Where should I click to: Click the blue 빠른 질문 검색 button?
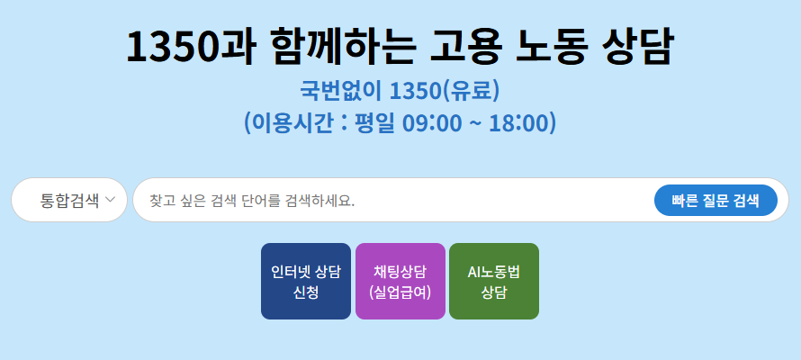[x=715, y=200]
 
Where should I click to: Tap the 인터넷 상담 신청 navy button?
[x=306, y=281]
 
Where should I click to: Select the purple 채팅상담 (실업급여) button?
[x=400, y=281]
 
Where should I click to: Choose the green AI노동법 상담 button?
[x=494, y=281]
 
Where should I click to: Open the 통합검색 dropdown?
[x=70, y=200]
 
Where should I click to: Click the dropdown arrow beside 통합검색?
[x=111, y=200]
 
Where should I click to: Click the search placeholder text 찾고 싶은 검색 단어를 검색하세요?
[x=252, y=200]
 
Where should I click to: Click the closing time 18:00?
[x=523, y=122]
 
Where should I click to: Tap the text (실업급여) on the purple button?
[x=400, y=292]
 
